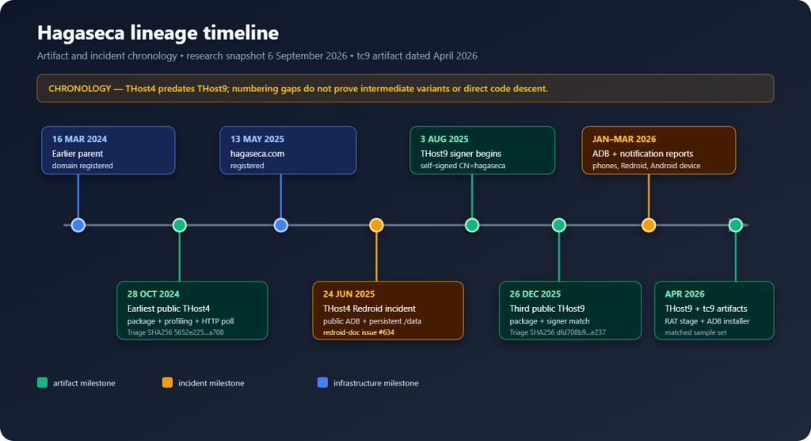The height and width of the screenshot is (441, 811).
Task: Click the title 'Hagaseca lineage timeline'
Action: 158,33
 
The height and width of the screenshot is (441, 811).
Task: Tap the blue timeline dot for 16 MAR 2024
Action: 78,225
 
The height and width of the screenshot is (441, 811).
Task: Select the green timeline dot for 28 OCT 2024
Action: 180,225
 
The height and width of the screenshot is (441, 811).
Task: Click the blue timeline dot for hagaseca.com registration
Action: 281,225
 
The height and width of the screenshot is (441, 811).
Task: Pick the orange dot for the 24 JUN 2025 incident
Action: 376,225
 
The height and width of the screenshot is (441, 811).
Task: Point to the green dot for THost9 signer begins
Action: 472,225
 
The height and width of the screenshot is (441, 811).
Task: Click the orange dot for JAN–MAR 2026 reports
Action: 649,225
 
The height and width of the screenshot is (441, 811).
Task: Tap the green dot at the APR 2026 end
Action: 736,225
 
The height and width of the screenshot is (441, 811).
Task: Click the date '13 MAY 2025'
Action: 257,139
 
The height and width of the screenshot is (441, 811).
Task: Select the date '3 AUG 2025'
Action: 444,139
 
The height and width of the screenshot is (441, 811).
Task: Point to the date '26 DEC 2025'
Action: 535,293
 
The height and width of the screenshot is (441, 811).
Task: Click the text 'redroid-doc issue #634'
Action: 359,332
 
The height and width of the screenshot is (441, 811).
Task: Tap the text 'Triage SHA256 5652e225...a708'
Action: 175,332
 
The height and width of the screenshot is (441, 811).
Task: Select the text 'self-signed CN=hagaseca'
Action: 463,166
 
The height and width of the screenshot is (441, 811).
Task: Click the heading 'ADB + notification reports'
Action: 642,153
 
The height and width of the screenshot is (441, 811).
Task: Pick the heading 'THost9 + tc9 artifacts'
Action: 706,309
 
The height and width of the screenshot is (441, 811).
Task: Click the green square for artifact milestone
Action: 43,382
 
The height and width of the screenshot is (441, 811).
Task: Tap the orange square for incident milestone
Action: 167,382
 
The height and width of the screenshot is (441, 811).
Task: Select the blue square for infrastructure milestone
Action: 322,382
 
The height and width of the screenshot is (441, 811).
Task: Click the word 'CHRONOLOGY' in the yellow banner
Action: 80,89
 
